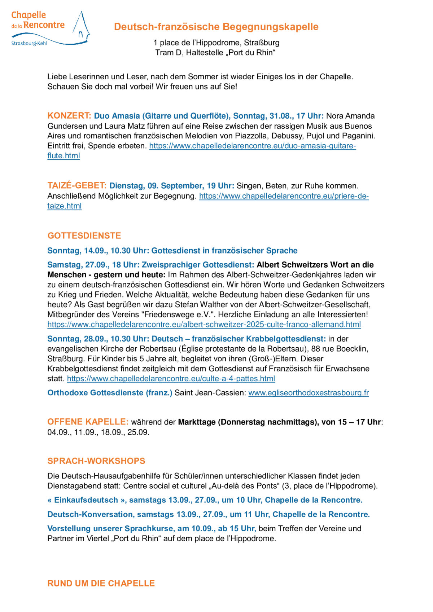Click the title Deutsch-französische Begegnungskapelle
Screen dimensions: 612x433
pos(216,27)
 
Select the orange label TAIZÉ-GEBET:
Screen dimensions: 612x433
pos(77,186)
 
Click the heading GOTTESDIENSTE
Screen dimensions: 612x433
pos(84,235)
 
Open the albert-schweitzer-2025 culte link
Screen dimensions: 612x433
pos(204,324)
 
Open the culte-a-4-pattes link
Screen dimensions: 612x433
pos(171,379)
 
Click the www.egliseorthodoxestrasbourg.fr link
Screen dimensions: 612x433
pos(309,393)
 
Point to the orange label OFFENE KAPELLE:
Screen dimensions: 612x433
pos(88,422)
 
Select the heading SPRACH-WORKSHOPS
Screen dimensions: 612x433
pos(96,461)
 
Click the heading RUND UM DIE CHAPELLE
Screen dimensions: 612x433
pos(101,583)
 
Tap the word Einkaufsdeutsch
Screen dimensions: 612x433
pos(86,500)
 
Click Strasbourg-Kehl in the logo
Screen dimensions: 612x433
pos(29,43)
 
